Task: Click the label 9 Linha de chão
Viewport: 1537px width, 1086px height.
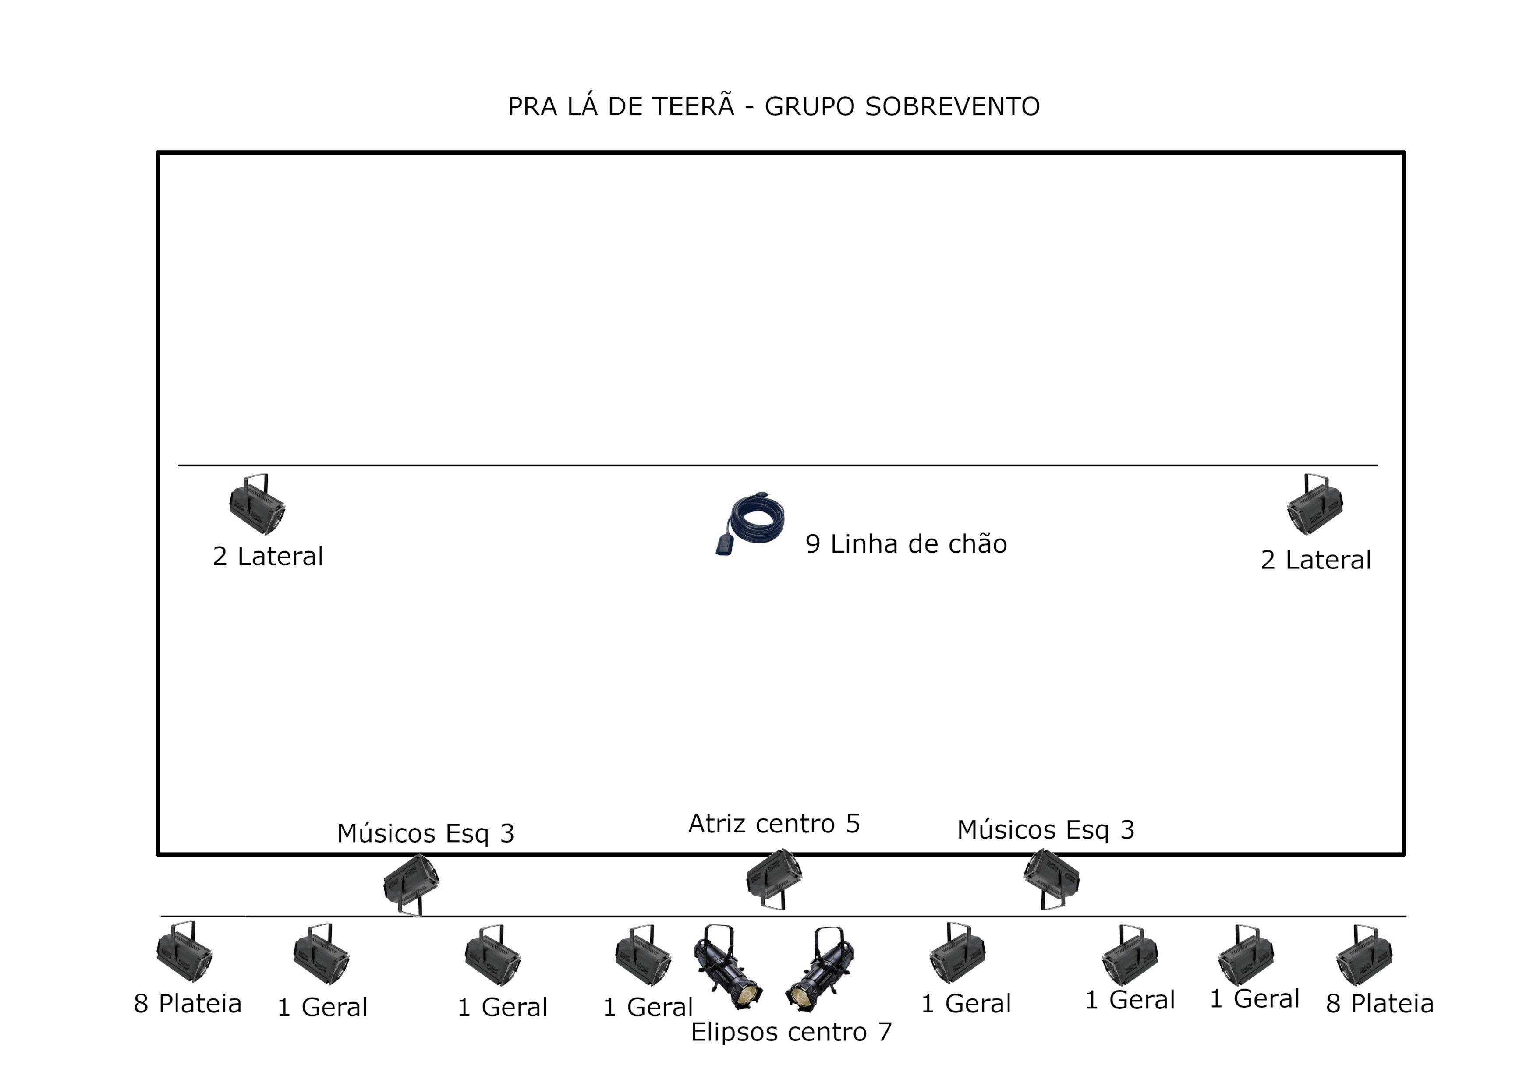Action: [906, 544]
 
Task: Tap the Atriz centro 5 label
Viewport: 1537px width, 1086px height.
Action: [774, 824]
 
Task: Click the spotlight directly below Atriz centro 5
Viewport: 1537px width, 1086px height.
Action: [775, 878]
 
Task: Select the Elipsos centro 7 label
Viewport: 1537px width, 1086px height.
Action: [791, 1032]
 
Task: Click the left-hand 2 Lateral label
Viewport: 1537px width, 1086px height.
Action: [268, 557]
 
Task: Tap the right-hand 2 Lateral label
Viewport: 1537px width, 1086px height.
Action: [1315, 560]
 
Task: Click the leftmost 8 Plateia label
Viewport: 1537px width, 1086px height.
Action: [188, 1004]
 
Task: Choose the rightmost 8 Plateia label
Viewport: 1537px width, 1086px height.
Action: [1380, 1004]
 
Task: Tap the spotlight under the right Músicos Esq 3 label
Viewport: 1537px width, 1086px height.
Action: [1051, 878]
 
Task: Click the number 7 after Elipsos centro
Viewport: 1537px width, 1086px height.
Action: [885, 1032]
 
